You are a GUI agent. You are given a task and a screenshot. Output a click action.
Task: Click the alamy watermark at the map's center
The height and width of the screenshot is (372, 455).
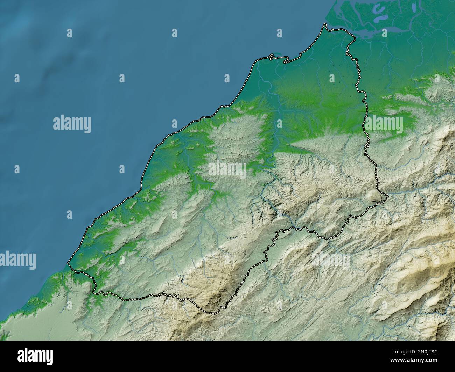227,170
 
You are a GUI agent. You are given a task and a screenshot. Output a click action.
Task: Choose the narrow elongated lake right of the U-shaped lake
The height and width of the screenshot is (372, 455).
413,8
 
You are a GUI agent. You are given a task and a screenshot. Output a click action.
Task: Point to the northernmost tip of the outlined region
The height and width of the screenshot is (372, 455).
325,24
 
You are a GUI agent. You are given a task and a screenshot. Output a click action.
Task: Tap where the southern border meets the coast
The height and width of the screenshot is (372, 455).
69,263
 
